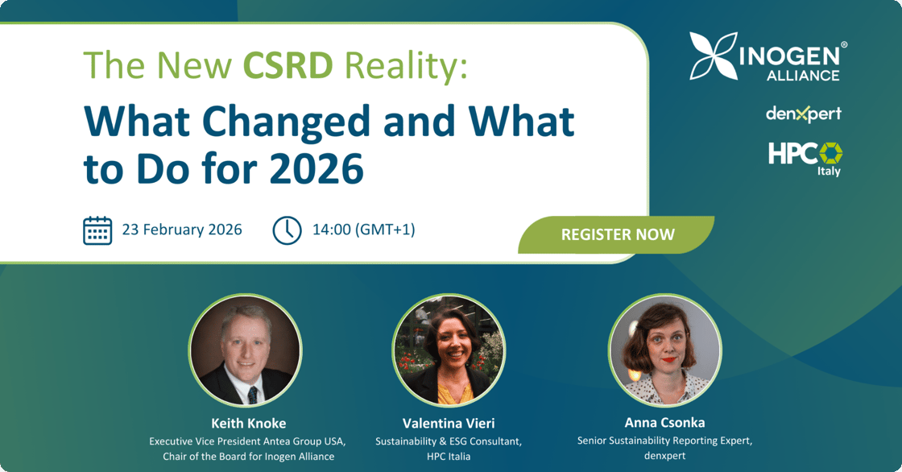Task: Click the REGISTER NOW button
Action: coord(616,235)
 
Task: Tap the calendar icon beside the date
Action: coord(97,230)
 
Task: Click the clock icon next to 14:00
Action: coord(287,230)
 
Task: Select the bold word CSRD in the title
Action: coord(288,65)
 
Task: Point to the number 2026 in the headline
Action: coord(317,168)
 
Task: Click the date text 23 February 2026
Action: coord(182,230)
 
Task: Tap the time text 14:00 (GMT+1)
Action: coord(363,230)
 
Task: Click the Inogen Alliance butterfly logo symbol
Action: coord(714,56)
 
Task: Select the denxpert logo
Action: coord(803,114)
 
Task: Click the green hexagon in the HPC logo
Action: coord(830,153)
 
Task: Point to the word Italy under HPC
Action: coord(829,172)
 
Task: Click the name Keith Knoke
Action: coord(249,424)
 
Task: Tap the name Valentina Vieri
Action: coord(449,424)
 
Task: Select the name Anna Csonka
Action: coord(664,423)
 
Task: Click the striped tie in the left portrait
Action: coord(252,395)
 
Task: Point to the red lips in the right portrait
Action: coord(668,360)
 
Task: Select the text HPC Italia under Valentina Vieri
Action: coord(449,457)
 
